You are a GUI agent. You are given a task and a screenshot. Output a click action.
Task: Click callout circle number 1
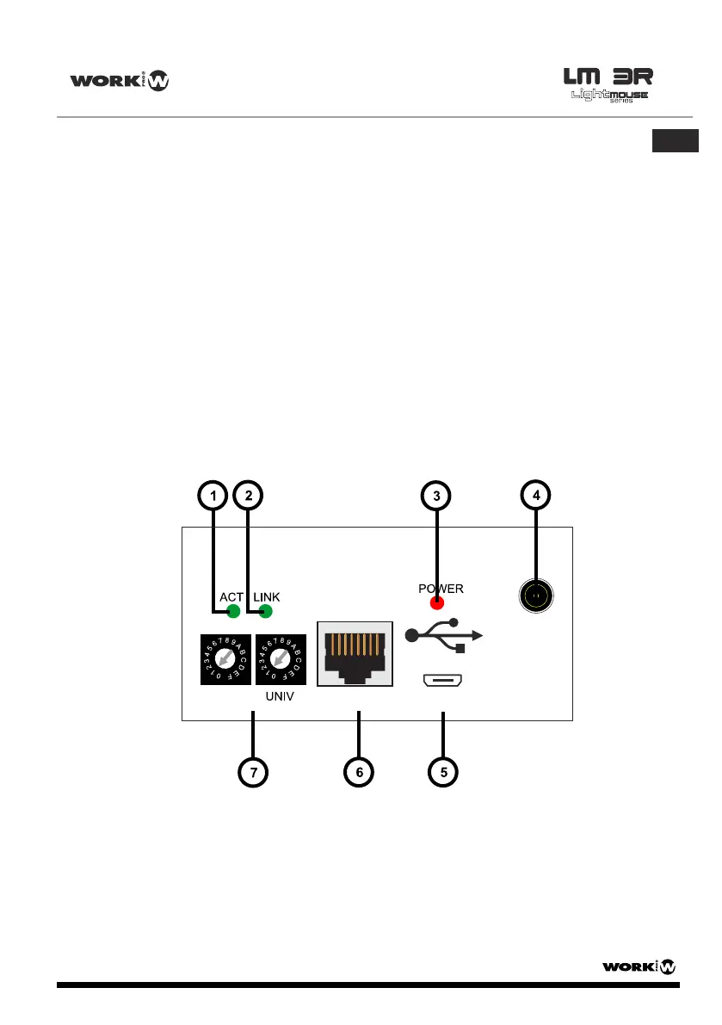(212, 495)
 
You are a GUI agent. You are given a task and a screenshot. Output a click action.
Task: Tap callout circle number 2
(249, 495)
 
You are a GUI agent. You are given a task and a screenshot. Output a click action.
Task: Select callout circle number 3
(437, 495)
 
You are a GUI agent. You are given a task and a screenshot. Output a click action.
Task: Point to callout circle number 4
(536, 495)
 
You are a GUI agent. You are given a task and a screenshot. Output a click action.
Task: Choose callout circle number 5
(443, 772)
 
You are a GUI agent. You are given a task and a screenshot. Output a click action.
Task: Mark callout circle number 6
(359, 772)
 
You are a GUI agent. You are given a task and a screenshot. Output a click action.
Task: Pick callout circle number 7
(253, 772)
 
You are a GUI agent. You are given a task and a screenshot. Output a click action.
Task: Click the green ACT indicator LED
(231, 612)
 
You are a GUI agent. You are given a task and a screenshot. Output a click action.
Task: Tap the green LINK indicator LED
(265, 612)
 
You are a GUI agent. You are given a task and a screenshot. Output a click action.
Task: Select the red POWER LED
(437, 602)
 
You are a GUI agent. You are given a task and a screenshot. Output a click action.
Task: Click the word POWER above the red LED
(441, 589)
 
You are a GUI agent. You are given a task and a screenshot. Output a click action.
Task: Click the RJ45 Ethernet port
(355, 654)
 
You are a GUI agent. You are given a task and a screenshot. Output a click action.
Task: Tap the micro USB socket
(443, 682)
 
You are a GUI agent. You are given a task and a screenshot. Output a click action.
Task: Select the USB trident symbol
(444, 635)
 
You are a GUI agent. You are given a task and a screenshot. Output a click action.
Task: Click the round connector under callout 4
(536, 596)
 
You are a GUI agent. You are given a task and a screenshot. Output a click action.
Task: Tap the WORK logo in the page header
(120, 82)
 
